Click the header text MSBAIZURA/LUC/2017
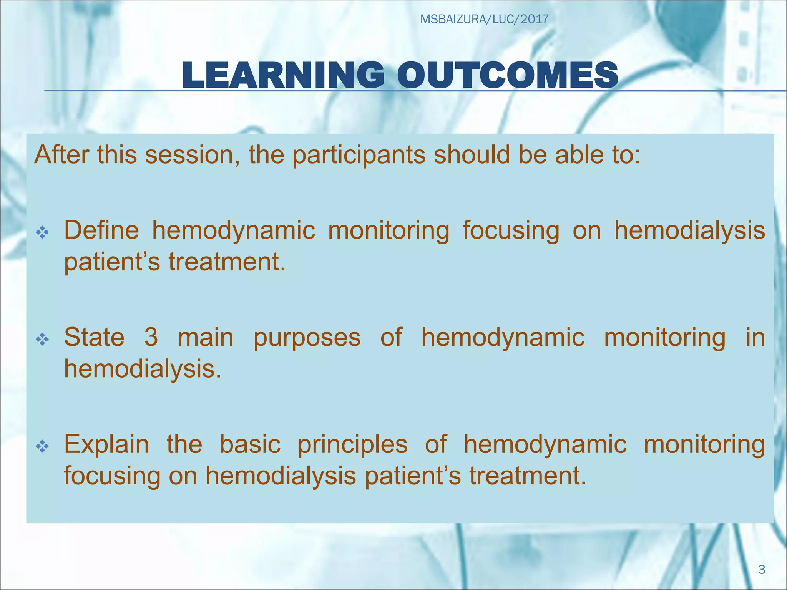[484, 19]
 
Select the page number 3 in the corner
[762, 569]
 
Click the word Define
[101, 230]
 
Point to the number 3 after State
[151, 337]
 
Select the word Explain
[106, 445]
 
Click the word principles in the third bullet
[352, 445]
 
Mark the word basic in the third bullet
[250, 444]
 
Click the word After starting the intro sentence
[62, 155]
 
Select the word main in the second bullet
[206, 337]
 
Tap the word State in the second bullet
[94, 337]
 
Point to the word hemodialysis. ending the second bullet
[143, 369]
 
